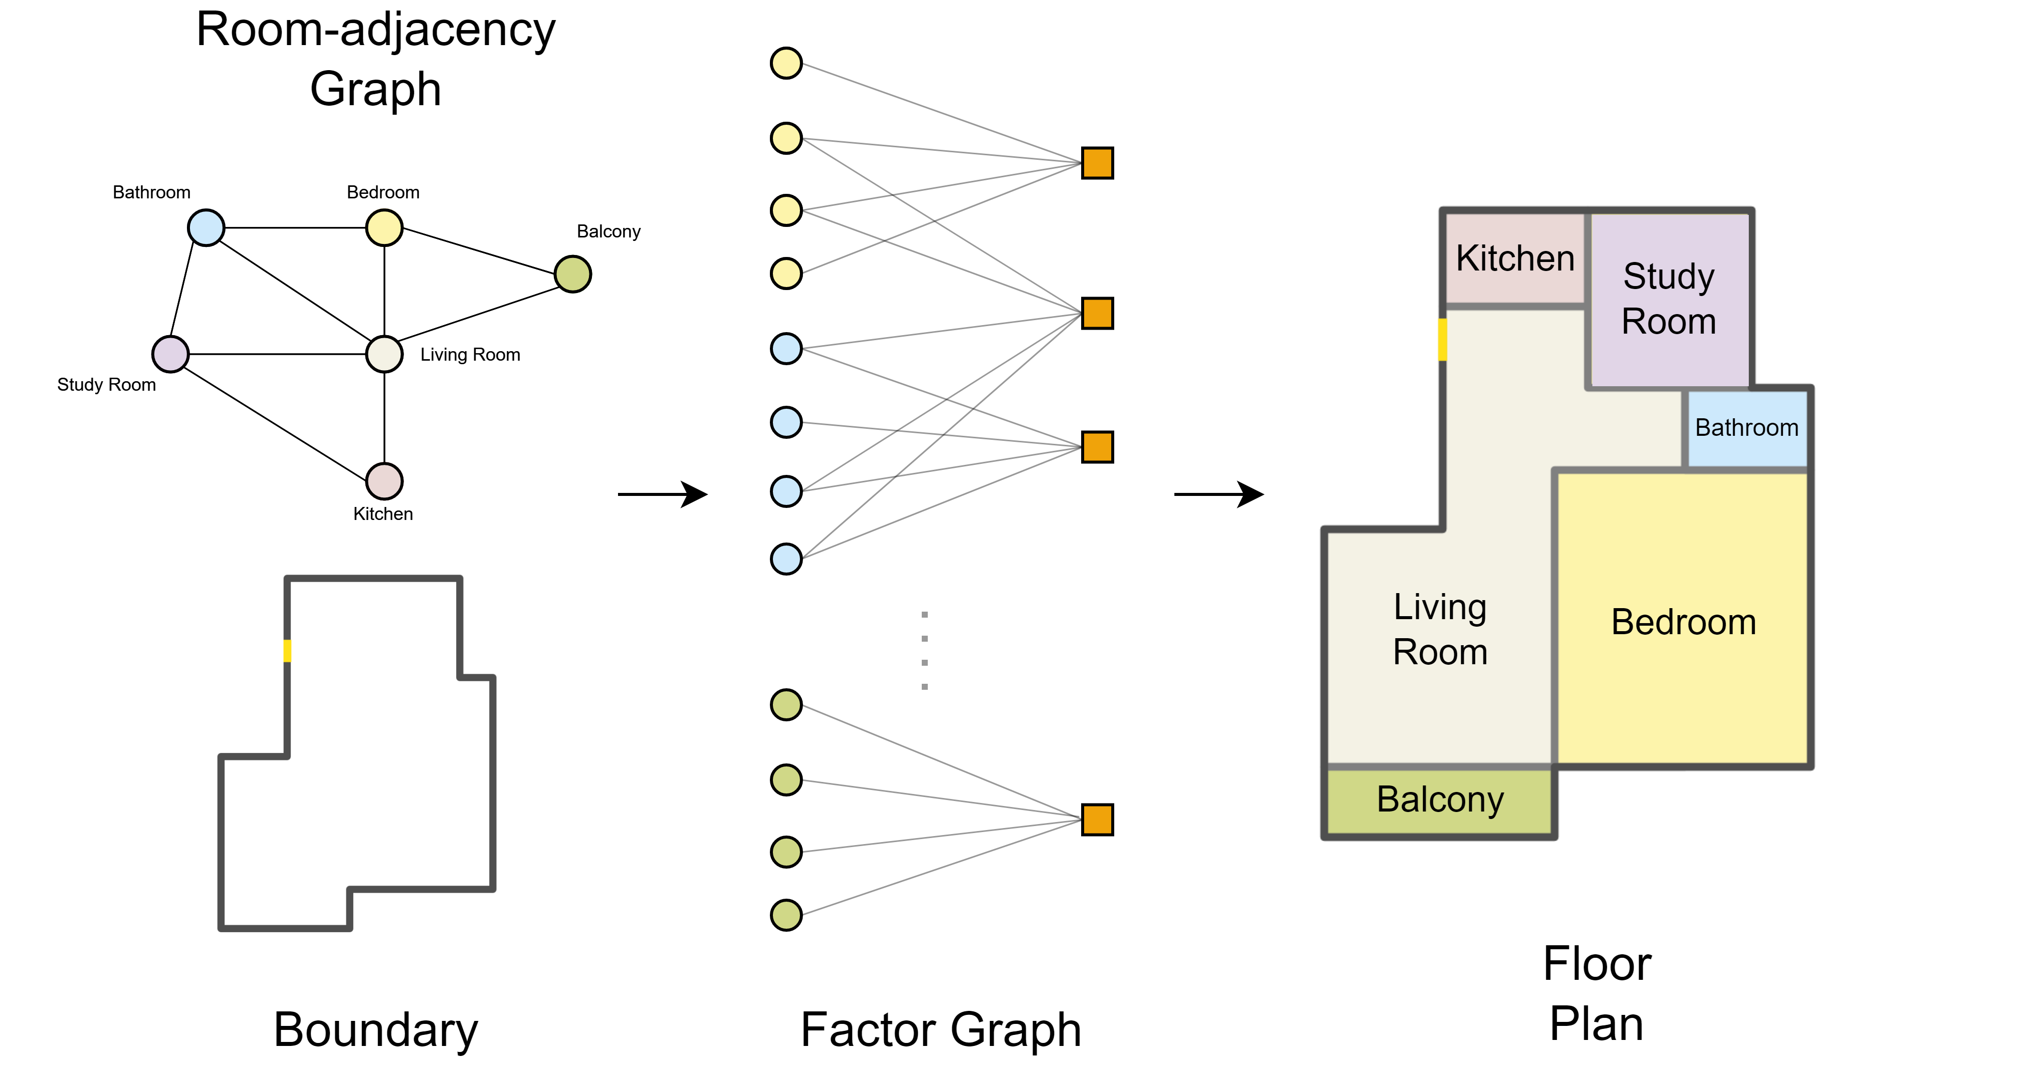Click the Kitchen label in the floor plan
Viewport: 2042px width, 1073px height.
tap(1515, 258)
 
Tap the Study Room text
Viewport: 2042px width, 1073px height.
tap(1669, 299)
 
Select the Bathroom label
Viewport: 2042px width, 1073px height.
tap(1746, 428)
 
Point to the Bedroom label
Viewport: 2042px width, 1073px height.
tap(1683, 622)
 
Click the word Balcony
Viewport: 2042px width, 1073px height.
tap(1440, 799)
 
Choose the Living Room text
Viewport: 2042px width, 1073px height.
tap(1440, 629)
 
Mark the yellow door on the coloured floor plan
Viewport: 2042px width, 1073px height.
tap(1442, 339)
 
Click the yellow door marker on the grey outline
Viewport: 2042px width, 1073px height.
tap(287, 651)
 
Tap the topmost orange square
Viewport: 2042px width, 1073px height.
tap(1097, 163)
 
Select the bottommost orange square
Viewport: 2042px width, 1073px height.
tap(1097, 820)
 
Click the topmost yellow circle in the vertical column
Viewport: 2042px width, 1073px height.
tap(785, 64)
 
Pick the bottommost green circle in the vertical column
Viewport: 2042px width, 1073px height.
tap(785, 915)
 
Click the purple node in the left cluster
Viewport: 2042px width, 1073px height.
tap(170, 354)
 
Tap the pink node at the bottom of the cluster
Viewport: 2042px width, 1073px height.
tap(384, 481)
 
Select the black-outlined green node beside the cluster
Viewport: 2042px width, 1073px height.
tap(572, 274)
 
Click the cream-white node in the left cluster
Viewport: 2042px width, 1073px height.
tap(384, 354)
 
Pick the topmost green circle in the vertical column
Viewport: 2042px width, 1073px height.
tap(785, 704)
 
